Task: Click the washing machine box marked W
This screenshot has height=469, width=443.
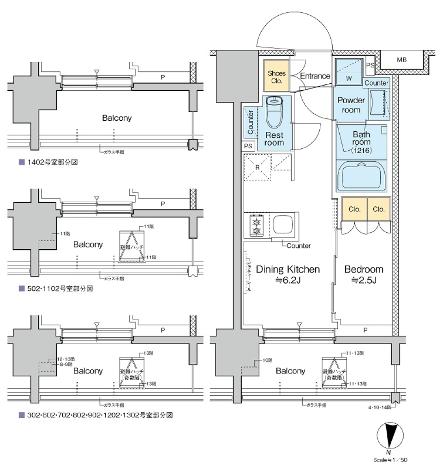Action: pos(348,72)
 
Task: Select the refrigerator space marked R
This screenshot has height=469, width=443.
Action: pos(257,168)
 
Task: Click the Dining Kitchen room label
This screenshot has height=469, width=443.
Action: pos(287,269)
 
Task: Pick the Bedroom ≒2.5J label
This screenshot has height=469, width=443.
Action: pos(364,274)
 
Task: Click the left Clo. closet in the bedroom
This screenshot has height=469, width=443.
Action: pos(354,209)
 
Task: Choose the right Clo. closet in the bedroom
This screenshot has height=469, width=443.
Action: pos(378,209)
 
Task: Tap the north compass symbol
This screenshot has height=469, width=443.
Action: pos(390,436)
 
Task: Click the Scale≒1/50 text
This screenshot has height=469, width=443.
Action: pos(390,460)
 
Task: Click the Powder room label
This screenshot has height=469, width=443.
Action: pos(351,105)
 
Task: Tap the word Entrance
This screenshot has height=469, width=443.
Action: pos(315,76)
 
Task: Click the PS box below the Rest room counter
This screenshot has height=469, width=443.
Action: pos(248,146)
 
